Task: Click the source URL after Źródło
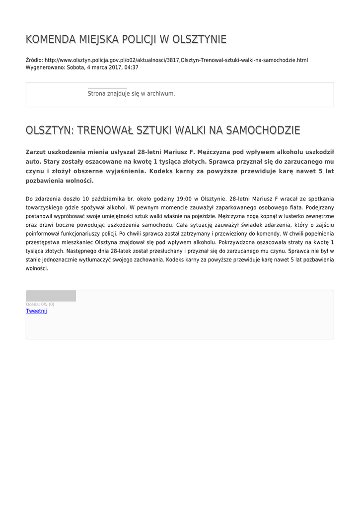coord(176,60)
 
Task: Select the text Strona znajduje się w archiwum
coord(131,93)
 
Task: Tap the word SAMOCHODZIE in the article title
coord(263,130)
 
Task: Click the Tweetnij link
coord(36,311)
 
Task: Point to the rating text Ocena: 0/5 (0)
coord(40,304)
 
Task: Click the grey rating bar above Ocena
coord(51,296)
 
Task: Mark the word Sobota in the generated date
coord(76,67)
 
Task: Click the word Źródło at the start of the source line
coord(34,60)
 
